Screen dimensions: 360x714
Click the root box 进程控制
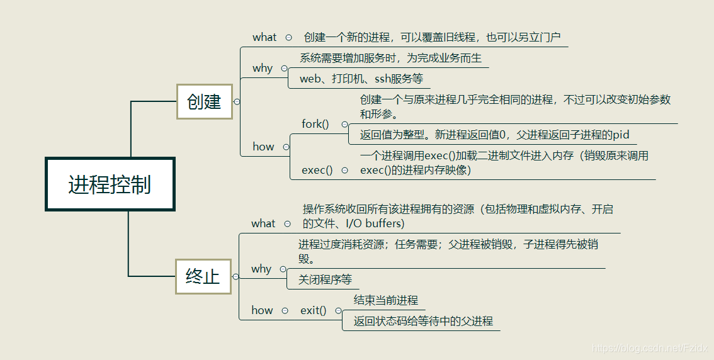110,184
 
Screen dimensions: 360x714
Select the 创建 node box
205,101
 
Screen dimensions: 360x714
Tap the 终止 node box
203,276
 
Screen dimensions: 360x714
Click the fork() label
315,124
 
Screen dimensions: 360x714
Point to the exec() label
317,170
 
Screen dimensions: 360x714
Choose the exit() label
314,310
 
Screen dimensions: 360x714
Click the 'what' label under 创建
264,37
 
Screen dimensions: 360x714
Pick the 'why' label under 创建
263,68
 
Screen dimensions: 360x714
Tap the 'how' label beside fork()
263,147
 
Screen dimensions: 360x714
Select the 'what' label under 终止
263,223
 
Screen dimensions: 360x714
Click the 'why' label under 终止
261,269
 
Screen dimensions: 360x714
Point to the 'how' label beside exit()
262,310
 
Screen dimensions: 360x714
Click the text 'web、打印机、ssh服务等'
361,79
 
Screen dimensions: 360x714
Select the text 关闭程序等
325,279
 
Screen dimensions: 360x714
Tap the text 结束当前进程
386,300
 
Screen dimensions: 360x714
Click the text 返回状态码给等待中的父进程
423,321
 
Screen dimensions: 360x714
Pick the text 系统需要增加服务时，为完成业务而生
391,58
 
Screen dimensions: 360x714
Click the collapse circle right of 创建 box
237,101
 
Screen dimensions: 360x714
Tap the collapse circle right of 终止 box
235,276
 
